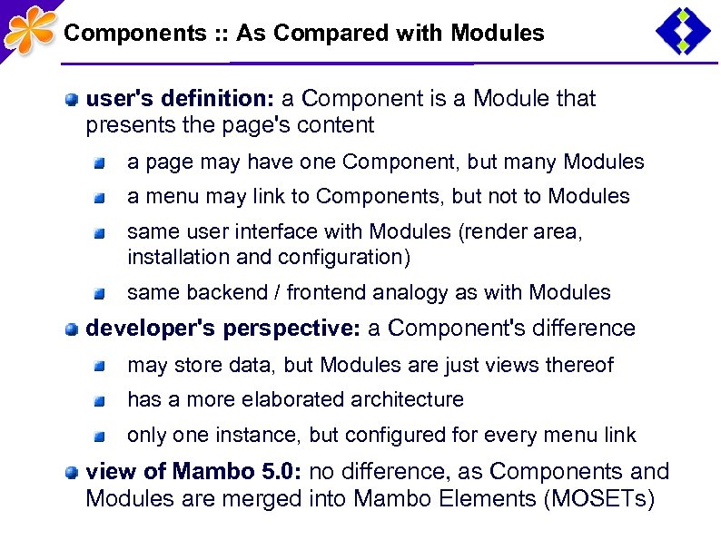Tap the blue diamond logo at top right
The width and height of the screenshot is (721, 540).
(x=683, y=30)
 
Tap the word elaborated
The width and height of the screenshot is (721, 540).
(x=299, y=400)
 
